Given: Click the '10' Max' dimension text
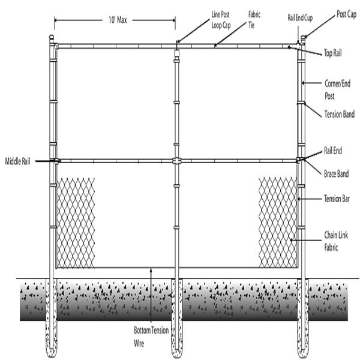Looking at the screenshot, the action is (118, 20).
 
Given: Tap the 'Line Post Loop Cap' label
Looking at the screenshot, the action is (221, 20).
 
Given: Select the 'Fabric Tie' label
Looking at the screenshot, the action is (254, 20).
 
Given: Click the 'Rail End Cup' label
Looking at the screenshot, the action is (300, 18).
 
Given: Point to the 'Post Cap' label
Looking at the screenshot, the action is (346, 14).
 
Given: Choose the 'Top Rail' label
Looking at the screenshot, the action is (332, 53).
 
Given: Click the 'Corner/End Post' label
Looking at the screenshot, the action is (337, 89).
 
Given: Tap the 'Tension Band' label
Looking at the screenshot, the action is (340, 114).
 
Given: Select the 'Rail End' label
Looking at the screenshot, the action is (333, 151).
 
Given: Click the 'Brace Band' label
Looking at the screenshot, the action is (337, 174).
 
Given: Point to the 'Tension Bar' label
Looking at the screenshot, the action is (337, 199).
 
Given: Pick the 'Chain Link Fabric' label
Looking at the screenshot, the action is (336, 241).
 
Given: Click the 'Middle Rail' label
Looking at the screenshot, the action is (17, 161).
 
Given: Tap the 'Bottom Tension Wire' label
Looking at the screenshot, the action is (151, 337).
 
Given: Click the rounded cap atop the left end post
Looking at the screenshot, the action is (52, 37).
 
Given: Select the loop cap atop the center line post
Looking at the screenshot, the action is (176, 53).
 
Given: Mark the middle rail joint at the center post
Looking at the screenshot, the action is (176, 160).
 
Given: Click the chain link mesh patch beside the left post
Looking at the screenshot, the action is (76, 223).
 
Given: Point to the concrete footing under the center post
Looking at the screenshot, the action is (177, 318).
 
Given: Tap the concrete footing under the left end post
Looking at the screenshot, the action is (52, 318).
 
